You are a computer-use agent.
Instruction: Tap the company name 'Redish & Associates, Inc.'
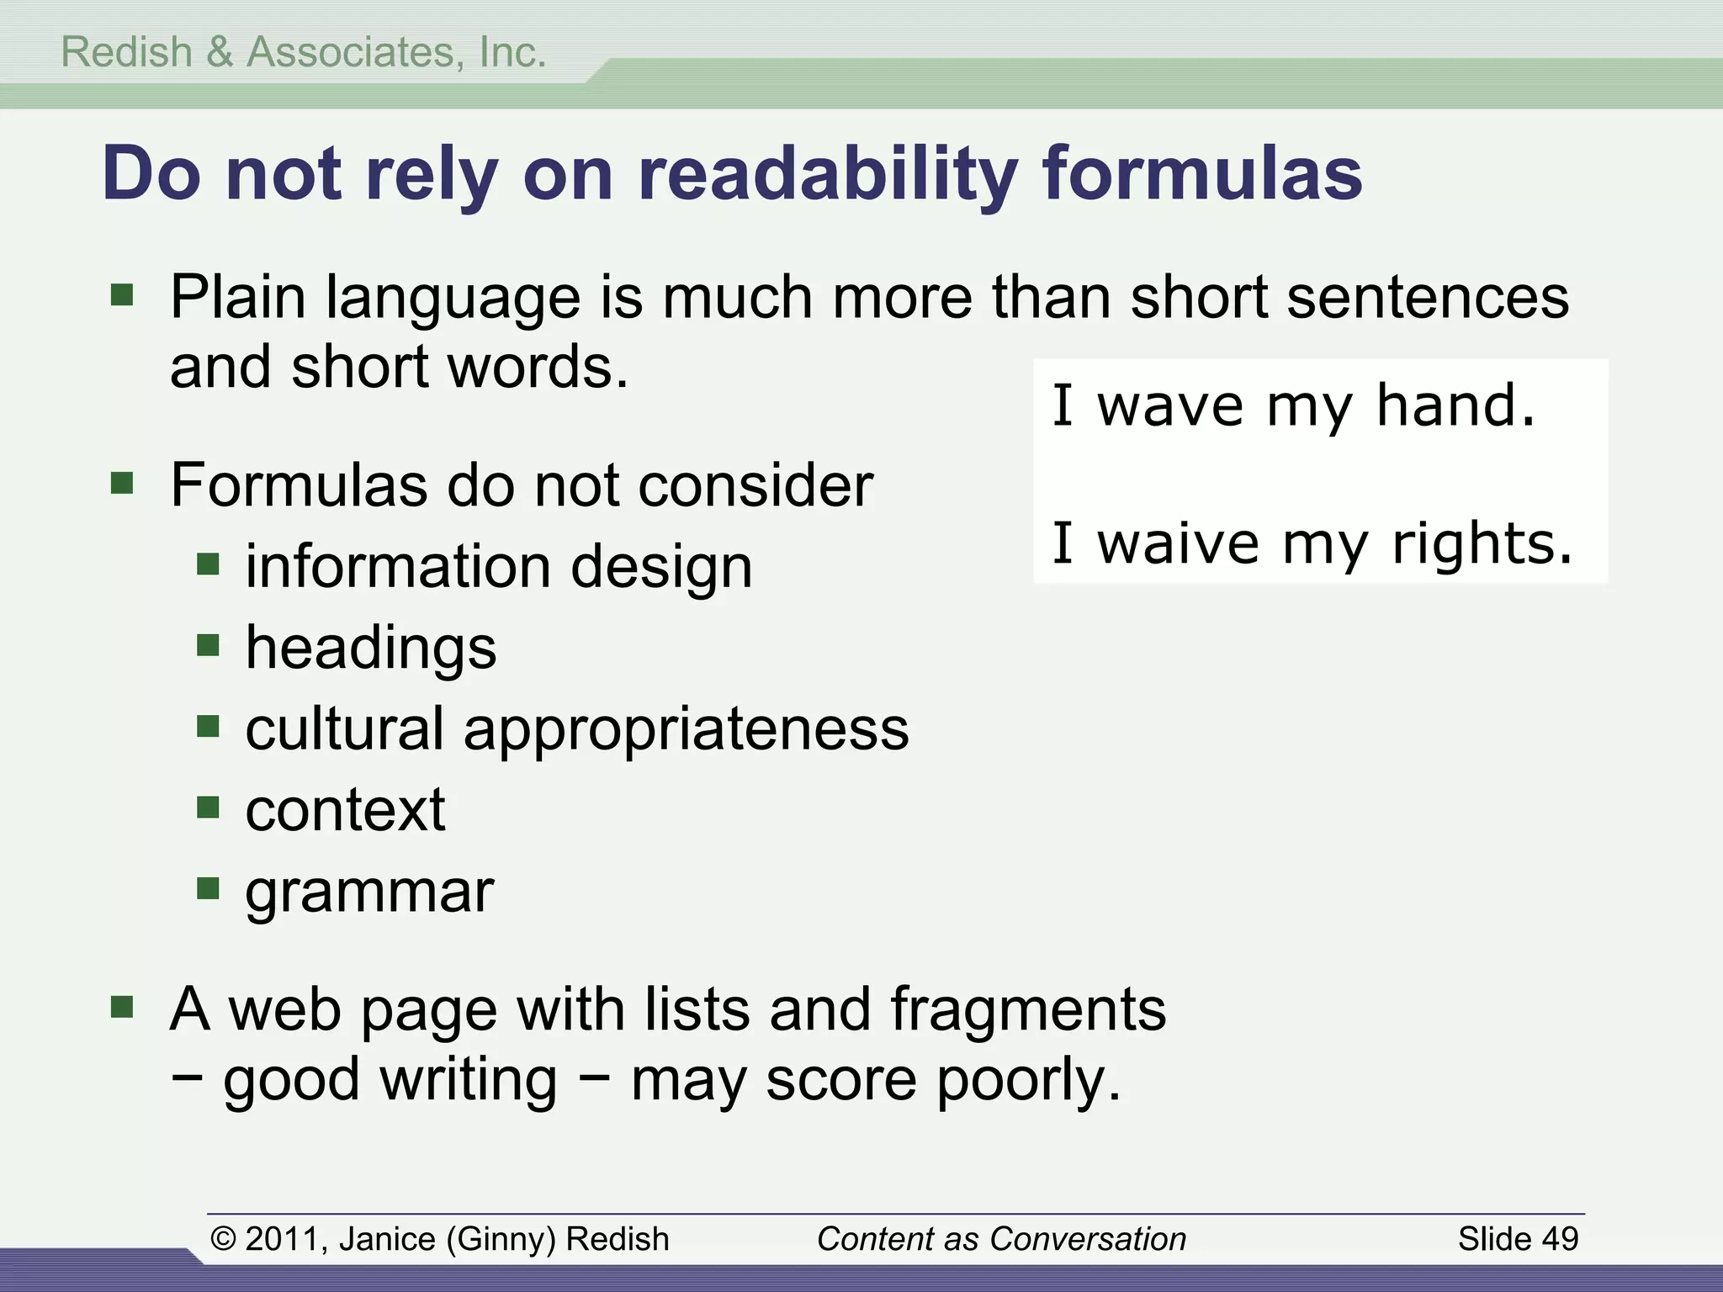[x=304, y=52]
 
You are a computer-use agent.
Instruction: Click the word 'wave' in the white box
[x=1170, y=407]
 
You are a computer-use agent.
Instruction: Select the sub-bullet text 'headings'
[x=371, y=648]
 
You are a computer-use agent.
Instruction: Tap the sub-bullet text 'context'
[x=345, y=810]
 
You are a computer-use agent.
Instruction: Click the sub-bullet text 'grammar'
[x=369, y=892]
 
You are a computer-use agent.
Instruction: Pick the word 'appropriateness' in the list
[x=686, y=728]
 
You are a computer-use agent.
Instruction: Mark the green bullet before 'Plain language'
[x=122, y=294]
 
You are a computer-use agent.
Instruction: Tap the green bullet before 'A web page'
[x=122, y=1007]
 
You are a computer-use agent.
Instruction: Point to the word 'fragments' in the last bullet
[x=1028, y=1009]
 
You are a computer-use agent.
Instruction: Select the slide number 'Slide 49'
[x=1518, y=1239]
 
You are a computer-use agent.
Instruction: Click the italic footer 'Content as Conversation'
[x=1001, y=1239]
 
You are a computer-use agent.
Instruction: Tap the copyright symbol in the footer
[x=223, y=1239]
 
